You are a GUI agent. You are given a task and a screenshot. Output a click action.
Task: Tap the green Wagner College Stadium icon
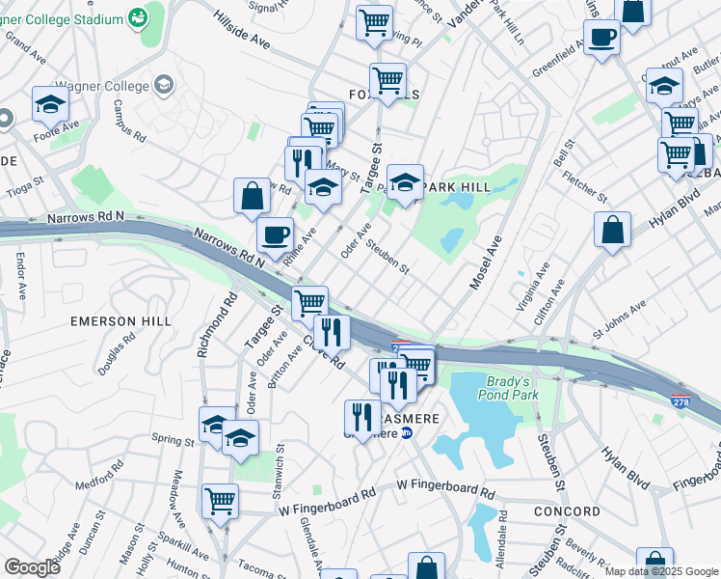pyautogui.click(x=139, y=18)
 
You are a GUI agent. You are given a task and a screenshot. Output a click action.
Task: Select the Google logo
pyautogui.click(x=32, y=566)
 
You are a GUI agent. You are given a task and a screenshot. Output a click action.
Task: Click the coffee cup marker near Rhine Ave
pyautogui.click(x=276, y=234)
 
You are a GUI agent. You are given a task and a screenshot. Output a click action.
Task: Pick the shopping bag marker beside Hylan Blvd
pyautogui.click(x=612, y=231)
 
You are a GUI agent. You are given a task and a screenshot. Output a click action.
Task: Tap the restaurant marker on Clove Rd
pyautogui.click(x=332, y=333)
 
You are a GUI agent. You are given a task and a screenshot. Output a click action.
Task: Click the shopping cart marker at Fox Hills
pyautogui.click(x=387, y=80)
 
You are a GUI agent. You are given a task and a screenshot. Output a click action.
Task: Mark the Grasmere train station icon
pyautogui.click(x=407, y=433)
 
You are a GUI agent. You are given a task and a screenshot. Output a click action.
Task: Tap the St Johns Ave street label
pyautogui.click(x=616, y=319)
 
